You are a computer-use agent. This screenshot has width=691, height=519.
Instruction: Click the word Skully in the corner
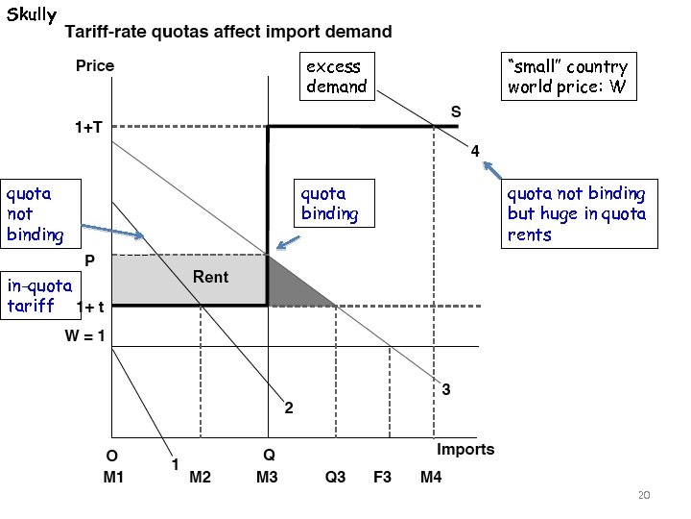coord(32,15)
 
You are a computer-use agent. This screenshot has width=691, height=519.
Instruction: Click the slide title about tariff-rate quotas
coord(227,32)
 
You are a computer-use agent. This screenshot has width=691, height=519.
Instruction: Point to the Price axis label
coord(95,66)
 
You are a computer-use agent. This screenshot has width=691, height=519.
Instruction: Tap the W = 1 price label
coord(84,336)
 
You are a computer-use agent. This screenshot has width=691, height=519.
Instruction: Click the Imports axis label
coord(465,449)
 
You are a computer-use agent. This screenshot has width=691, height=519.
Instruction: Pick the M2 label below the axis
coord(200,478)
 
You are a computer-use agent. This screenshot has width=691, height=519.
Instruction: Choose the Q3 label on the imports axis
coord(335,478)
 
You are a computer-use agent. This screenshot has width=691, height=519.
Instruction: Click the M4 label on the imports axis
coord(431,478)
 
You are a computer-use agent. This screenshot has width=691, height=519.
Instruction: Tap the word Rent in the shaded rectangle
coord(211,277)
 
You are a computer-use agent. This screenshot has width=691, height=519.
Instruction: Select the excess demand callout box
coord(335,76)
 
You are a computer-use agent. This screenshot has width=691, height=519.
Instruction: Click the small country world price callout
coord(567,77)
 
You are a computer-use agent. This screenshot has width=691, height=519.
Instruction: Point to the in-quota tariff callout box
coord(39,295)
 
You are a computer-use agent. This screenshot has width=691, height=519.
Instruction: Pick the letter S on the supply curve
coord(456,112)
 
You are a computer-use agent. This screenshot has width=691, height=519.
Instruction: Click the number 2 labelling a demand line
coord(288,408)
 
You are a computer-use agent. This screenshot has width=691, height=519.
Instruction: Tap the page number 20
coord(644,495)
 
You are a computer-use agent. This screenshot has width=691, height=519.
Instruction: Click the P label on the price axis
coord(89,260)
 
